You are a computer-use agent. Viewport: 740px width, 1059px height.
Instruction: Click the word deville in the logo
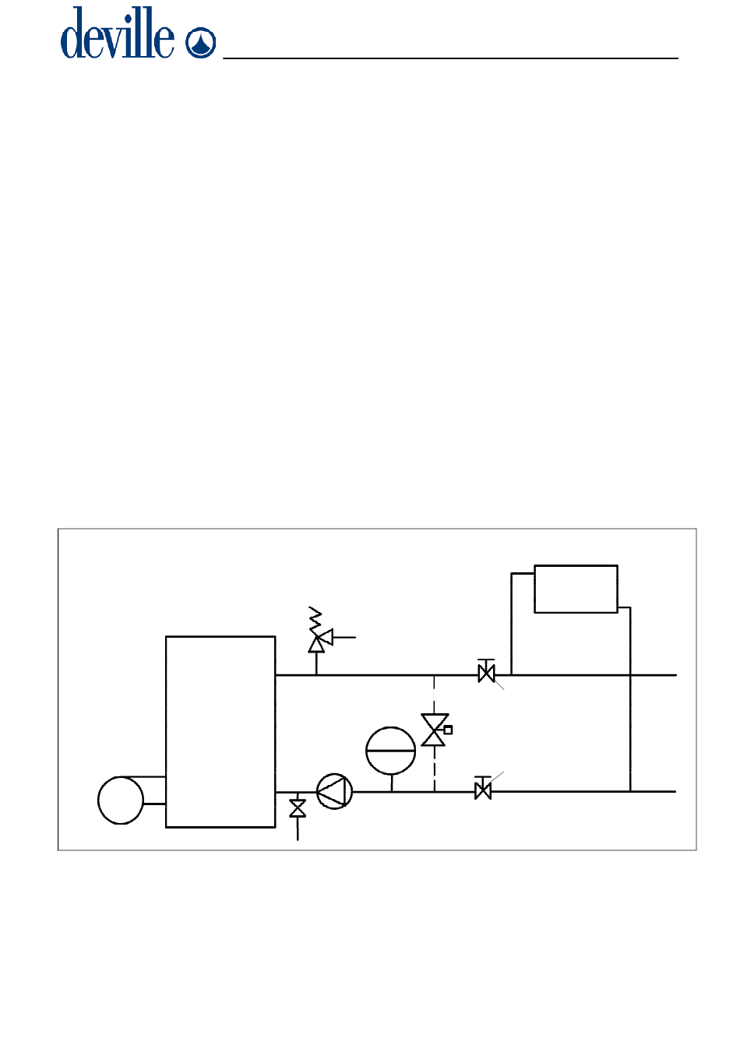tap(118, 34)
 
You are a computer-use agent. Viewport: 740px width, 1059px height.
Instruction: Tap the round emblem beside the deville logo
tap(201, 42)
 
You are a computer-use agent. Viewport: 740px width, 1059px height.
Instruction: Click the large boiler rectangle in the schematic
tap(220, 731)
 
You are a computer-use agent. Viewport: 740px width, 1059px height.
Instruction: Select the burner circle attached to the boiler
tap(121, 799)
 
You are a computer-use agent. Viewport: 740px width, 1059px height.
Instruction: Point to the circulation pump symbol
tap(334, 791)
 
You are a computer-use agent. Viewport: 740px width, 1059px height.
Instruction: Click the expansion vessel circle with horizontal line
tap(391, 751)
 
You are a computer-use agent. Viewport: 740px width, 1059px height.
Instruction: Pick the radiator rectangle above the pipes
tap(576, 589)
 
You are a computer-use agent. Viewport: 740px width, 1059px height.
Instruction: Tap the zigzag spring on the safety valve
tap(315, 618)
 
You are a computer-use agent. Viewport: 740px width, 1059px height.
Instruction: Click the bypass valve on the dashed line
tap(434, 730)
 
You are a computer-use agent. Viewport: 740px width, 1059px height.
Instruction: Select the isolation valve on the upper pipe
tap(486, 673)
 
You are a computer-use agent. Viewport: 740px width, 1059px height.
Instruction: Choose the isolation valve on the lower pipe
tap(483, 790)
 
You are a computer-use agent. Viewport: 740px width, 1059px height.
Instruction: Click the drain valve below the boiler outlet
tap(298, 809)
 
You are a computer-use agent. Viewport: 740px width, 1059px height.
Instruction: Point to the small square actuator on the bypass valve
tap(448, 730)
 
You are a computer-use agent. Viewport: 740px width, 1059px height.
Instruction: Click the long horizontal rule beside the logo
tap(451, 58)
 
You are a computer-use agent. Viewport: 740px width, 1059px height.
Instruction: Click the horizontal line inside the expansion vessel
tap(391, 751)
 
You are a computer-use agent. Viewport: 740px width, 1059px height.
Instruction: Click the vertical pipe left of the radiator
tap(512, 623)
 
